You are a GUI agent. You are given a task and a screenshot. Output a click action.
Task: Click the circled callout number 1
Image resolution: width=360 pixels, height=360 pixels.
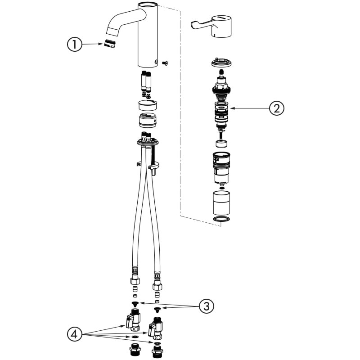coord(75,44)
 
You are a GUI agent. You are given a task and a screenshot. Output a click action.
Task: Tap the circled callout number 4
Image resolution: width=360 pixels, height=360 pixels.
coord(75,334)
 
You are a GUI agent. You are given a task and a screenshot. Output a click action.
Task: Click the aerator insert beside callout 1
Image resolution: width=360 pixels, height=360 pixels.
coord(109,44)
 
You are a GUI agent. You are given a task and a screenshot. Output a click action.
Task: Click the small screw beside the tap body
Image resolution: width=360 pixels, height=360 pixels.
coord(165,63)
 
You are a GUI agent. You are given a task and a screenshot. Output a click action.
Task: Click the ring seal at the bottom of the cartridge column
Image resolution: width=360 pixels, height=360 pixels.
coord(220,219)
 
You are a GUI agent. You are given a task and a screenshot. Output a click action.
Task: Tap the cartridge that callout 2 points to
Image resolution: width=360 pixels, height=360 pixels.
coord(220,115)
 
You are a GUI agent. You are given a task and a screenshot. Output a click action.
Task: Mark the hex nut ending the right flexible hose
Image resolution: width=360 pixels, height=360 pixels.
coord(157,286)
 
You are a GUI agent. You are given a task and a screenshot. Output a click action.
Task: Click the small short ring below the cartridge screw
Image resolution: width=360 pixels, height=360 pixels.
coord(220,144)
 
